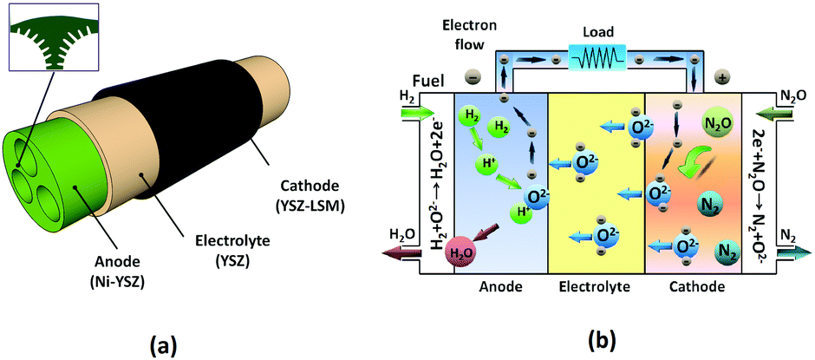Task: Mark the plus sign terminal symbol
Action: [x=721, y=77]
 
